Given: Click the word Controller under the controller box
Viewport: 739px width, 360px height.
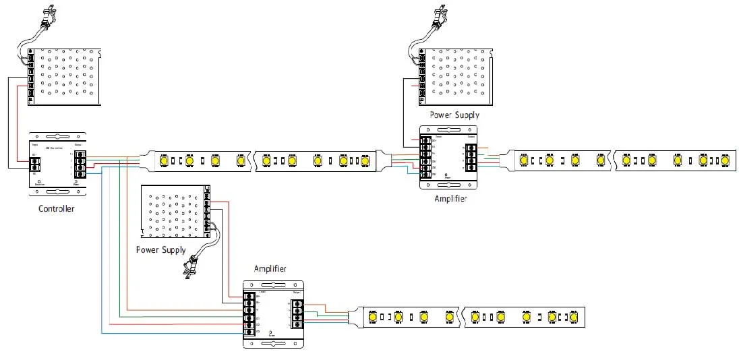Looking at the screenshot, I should point(57,209).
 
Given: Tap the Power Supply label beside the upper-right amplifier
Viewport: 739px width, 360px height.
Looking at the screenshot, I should point(449,115).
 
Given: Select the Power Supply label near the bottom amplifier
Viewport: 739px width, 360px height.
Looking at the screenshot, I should point(160,250).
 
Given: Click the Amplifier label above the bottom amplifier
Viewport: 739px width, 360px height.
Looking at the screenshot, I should point(270,269).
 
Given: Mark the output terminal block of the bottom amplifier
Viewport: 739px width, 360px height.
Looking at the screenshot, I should point(295,315).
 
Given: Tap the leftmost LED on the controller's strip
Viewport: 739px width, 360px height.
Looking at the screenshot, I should point(164,161).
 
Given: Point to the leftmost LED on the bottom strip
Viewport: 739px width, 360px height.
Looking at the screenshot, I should point(372,316).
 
